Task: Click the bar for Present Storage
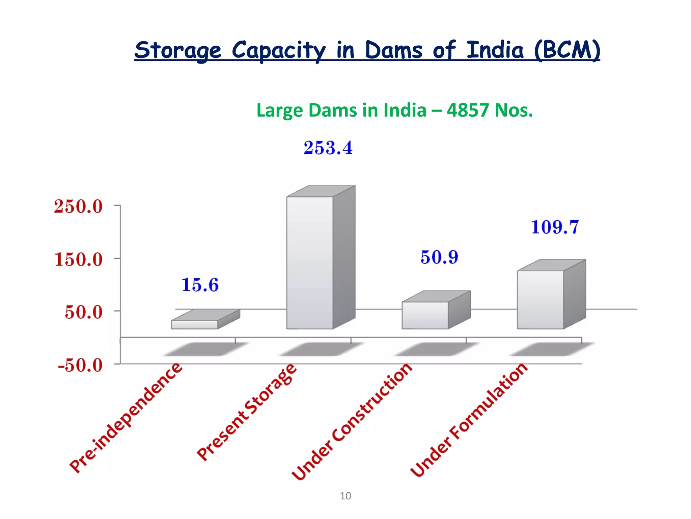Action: [310, 263]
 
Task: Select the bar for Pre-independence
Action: [195, 324]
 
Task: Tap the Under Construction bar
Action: [425, 315]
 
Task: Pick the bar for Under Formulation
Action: [540, 299]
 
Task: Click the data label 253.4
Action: [328, 148]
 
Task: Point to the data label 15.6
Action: [200, 285]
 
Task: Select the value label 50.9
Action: [439, 257]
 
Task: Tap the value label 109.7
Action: [555, 227]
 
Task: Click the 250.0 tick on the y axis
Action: [78, 206]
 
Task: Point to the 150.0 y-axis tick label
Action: [78, 260]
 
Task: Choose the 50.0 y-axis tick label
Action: [83, 312]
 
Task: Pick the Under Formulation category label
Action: [469, 420]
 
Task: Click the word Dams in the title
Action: [393, 50]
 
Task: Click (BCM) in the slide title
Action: [567, 50]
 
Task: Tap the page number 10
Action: [345, 496]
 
